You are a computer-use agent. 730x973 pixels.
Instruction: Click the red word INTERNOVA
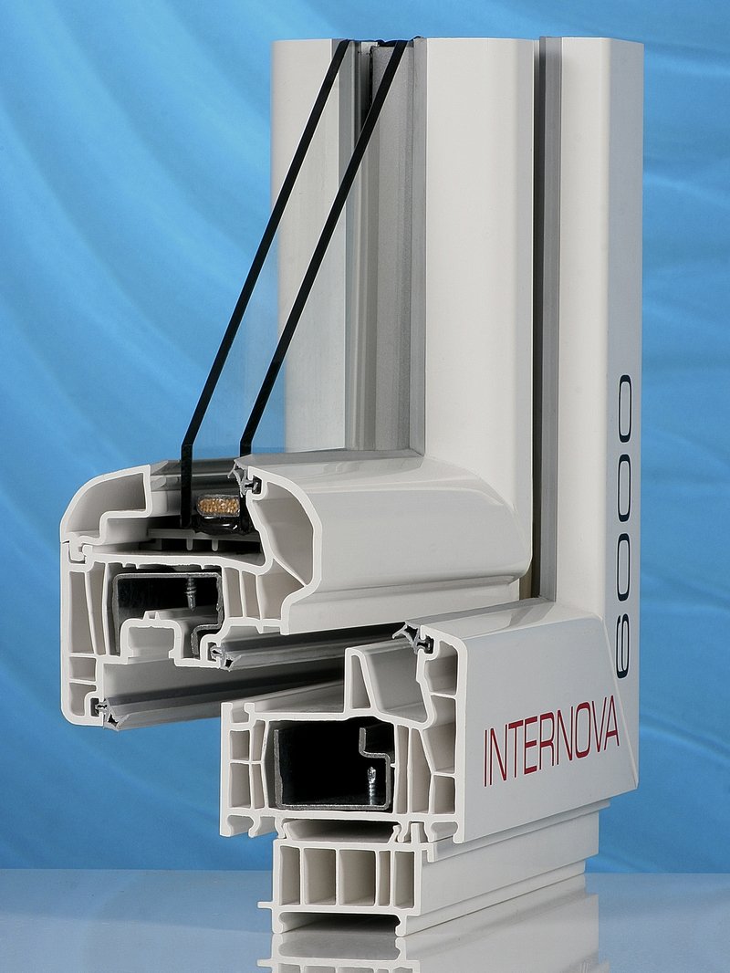pyautogui.click(x=551, y=739)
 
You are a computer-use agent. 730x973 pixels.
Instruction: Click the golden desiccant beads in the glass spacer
pyautogui.click(x=216, y=505)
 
